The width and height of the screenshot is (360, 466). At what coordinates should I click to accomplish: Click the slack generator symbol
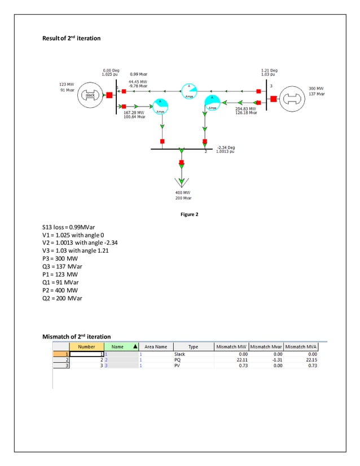pyautogui.click(x=89, y=95)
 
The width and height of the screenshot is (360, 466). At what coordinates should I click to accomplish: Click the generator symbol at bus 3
pyautogui.click(x=294, y=98)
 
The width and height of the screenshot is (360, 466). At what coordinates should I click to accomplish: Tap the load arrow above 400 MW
pyautogui.click(x=182, y=182)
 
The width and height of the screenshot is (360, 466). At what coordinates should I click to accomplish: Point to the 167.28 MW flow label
pyautogui.click(x=134, y=115)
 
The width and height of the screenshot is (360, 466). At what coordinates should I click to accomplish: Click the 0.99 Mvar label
pyautogui.click(x=139, y=74)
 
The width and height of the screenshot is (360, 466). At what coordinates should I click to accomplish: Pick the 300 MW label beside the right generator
pyautogui.click(x=316, y=89)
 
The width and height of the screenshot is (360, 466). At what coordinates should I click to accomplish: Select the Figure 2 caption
pyautogui.click(x=180, y=214)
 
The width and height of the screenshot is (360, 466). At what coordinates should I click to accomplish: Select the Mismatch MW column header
pyautogui.click(x=231, y=347)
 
